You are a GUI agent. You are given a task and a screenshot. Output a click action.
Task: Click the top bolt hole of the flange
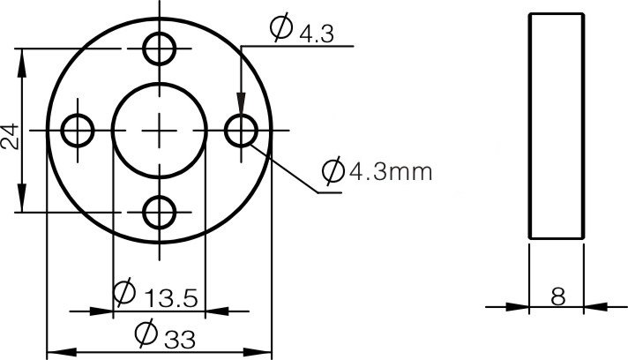(x=160, y=48)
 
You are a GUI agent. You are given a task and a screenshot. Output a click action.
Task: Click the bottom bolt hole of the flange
(x=160, y=212)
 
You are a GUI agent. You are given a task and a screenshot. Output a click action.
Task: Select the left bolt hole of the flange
(x=78, y=131)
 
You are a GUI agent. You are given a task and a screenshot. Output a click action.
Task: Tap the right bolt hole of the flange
(x=241, y=131)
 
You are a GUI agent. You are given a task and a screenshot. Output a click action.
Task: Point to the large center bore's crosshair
(x=160, y=131)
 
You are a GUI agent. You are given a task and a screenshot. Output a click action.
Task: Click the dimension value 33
(x=176, y=337)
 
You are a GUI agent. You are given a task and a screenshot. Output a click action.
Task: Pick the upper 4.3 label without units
(x=317, y=34)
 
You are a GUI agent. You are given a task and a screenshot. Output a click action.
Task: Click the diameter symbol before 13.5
(x=124, y=290)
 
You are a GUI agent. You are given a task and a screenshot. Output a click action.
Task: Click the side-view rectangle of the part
(x=557, y=125)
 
